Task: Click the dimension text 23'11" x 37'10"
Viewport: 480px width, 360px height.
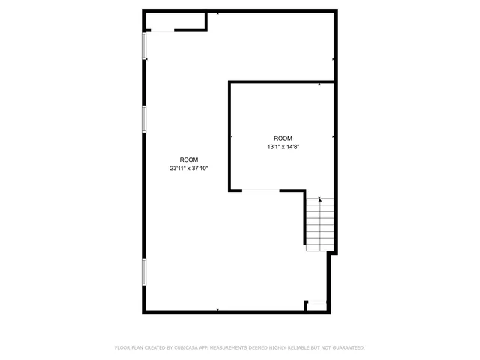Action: point(189,169)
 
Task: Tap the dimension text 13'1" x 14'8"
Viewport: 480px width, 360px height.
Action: point(283,147)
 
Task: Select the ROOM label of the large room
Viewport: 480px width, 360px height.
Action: point(189,160)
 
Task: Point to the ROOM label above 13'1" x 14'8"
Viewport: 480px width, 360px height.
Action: point(283,139)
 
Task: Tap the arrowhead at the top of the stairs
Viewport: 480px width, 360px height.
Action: point(321,199)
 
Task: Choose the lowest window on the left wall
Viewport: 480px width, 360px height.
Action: point(144,272)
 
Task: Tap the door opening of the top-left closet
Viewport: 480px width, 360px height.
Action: point(161,31)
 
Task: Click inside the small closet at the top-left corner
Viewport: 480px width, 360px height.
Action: point(175,21)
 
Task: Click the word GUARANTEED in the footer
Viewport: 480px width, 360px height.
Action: point(348,348)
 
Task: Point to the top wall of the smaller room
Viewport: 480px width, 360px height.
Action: point(281,82)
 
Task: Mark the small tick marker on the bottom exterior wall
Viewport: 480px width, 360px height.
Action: point(217,310)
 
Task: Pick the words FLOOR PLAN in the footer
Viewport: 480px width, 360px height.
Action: point(129,348)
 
